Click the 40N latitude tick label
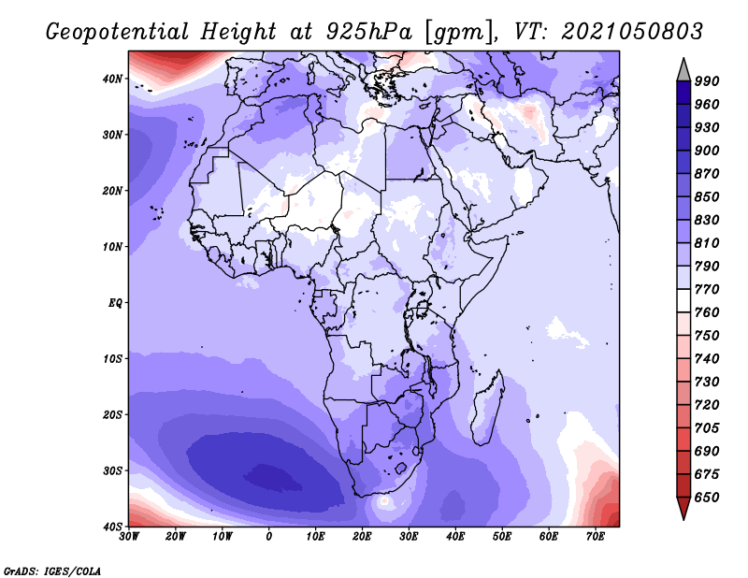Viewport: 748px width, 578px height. (x=111, y=79)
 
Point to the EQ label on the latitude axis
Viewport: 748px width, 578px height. (x=115, y=303)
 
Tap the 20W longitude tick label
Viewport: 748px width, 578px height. (x=176, y=537)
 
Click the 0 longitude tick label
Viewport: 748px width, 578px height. (x=268, y=537)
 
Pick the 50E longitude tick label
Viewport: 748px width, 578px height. (x=502, y=537)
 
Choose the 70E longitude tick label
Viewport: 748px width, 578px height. (x=596, y=537)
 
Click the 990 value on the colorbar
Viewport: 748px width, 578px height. (x=707, y=81)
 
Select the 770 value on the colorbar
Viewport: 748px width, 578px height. (x=707, y=289)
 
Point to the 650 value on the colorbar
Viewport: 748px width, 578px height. (x=707, y=498)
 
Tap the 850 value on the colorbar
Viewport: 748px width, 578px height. (x=707, y=196)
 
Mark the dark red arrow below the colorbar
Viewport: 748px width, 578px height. (x=683, y=507)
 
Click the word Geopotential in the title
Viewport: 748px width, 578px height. (x=118, y=32)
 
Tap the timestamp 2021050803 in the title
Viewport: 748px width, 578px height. (x=632, y=31)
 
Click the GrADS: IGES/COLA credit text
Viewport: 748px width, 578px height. (x=52, y=571)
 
